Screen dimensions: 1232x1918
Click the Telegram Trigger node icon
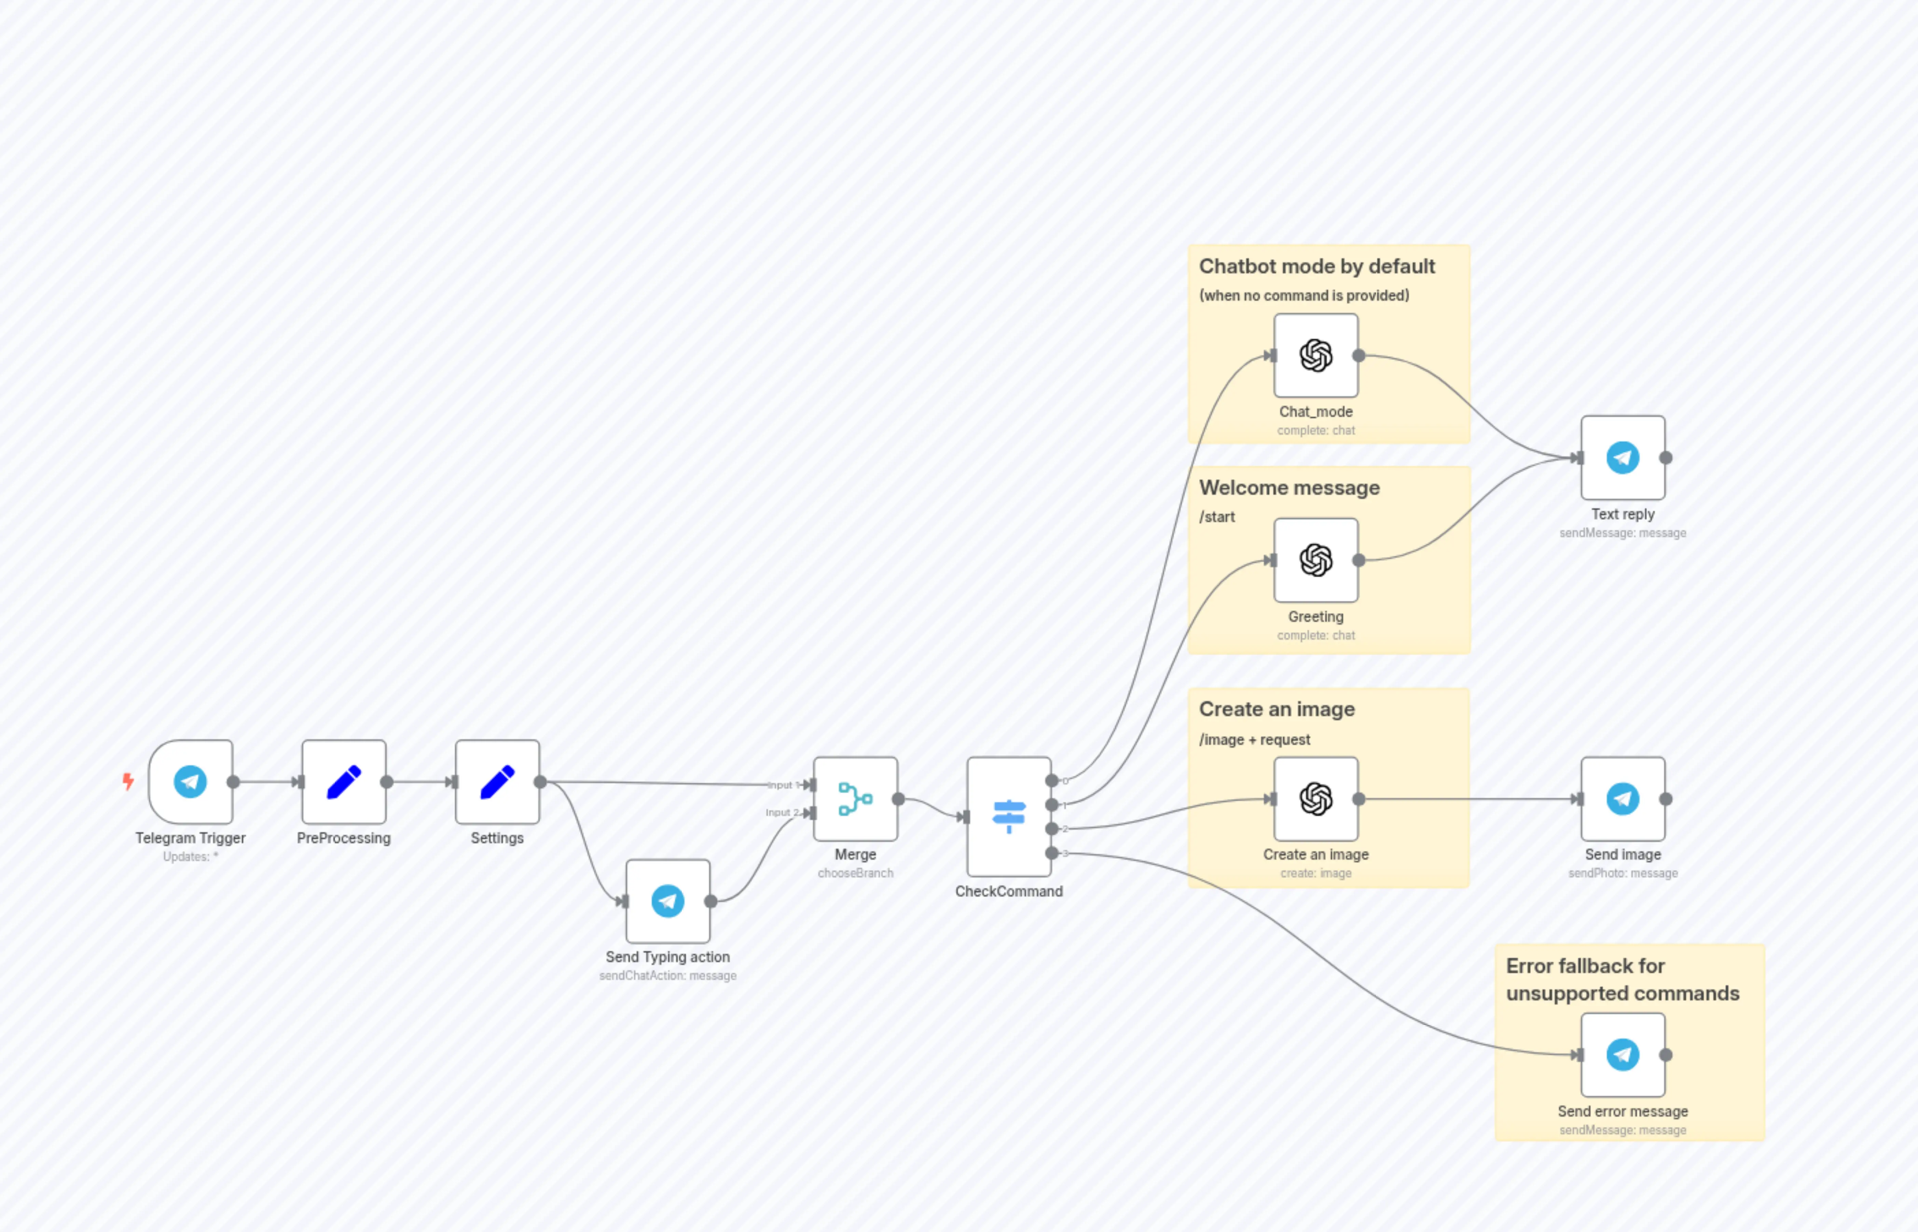(190, 782)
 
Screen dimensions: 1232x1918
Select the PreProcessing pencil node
(344, 782)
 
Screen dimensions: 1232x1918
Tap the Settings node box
(497, 782)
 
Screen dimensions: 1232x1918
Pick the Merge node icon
(855, 798)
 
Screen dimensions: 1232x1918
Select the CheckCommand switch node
(1009, 816)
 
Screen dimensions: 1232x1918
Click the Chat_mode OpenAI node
(1316, 355)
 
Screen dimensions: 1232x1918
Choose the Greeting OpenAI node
(1316, 560)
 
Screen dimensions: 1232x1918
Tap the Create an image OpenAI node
(1316, 798)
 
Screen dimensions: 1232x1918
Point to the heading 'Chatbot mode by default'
(1316, 266)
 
